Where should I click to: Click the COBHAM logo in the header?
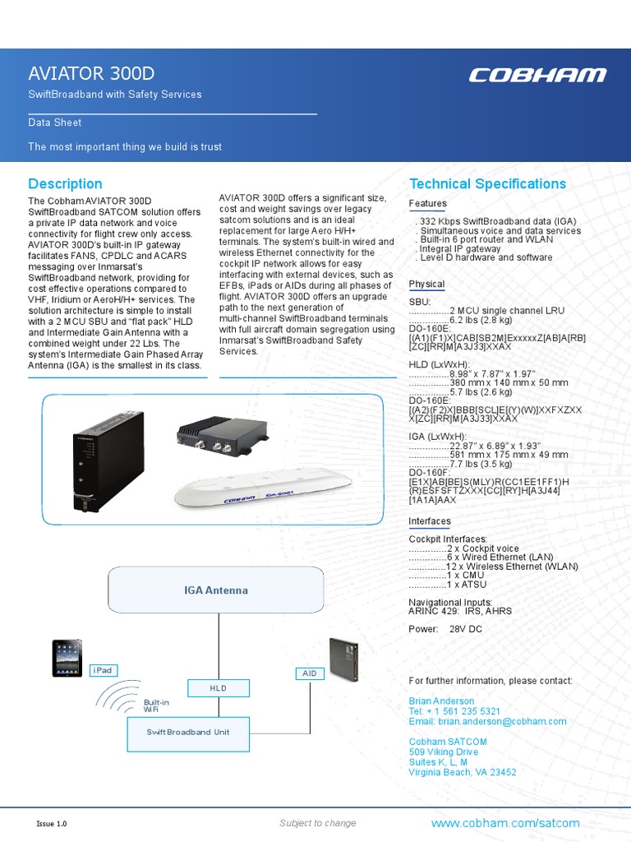(537, 75)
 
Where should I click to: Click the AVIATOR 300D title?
(91, 73)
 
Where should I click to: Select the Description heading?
(65, 183)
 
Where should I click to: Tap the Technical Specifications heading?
(487, 183)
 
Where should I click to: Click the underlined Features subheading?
(427, 203)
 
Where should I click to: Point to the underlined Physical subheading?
(426, 284)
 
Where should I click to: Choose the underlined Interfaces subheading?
(430, 521)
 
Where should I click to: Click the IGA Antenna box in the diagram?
(215, 590)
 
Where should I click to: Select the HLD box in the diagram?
(218, 687)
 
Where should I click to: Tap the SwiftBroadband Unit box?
(188, 732)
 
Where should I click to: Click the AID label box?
(309, 673)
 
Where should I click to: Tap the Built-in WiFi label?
(156, 706)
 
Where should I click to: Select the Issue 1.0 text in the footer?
(52, 823)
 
